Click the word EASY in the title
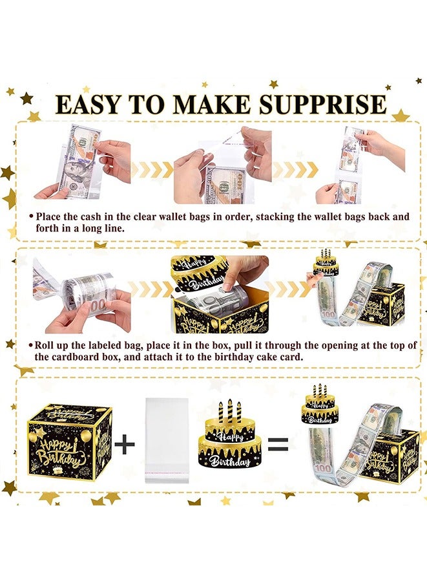coord(92,104)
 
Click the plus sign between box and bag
coord(124,444)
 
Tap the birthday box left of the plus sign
coord(70,439)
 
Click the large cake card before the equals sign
coord(231,440)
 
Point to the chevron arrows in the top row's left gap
coord(152,170)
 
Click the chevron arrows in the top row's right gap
coord(295,170)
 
